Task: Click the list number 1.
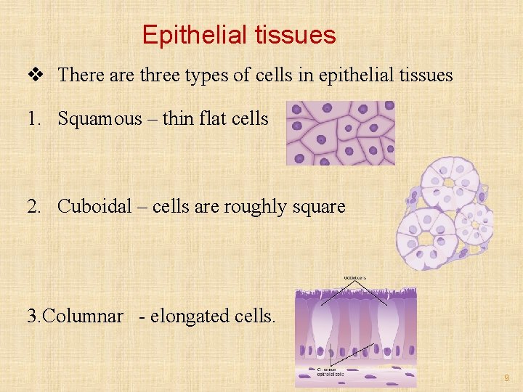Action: click(33, 118)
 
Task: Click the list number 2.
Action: click(33, 206)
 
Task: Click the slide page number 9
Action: click(506, 378)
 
